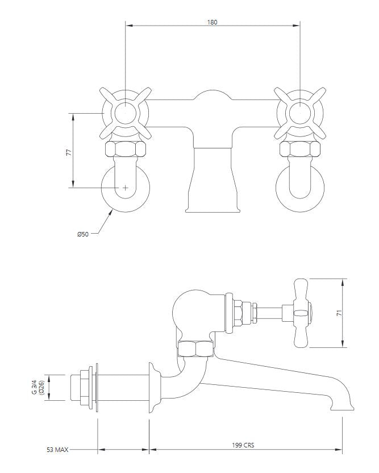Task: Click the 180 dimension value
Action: [x=212, y=22]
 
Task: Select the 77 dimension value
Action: [x=69, y=152]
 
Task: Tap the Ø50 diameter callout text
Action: [x=82, y=234]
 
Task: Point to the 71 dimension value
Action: [x=339, y=313]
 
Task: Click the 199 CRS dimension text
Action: [x=243, y=445]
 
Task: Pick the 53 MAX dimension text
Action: [x=57, y=450]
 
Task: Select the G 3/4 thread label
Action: [x=35, y=387]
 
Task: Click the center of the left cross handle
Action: [x=126, y=114]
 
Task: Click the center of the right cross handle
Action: [x=300, y=114]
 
